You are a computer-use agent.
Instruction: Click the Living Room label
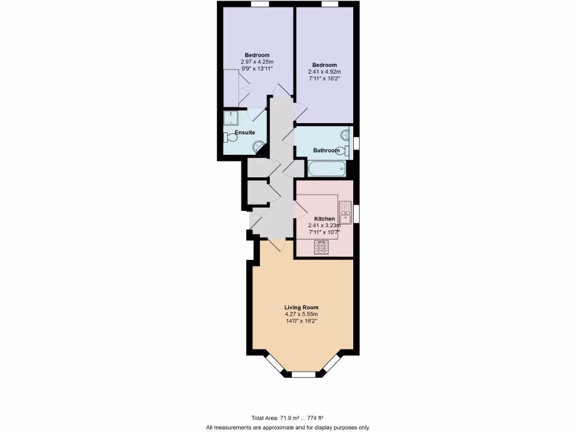tap(301, 307)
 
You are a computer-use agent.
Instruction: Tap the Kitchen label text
tap(325, 219)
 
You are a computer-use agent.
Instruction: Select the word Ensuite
tap(245, 132)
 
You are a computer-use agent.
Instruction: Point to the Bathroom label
tap(326, 150)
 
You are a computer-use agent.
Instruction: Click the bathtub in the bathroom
tap(327, 168)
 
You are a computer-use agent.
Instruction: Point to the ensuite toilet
tap(231, 137)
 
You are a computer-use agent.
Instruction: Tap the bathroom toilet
tap(342, 150)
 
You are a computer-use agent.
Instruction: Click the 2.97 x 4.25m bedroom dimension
tap(257, 61)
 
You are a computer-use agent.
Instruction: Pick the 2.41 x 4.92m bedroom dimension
tap(324, 72)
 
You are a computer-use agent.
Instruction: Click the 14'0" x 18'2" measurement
tap(301, 321)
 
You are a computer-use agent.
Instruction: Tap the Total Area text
tap(287, 417)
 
